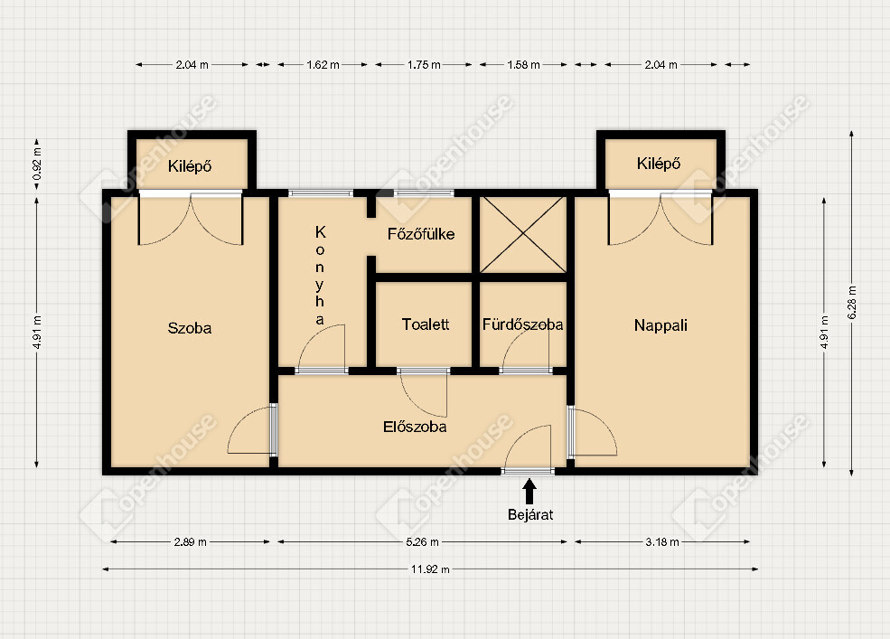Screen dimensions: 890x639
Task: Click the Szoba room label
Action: [190, 328]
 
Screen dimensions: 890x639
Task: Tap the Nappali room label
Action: [660, 325]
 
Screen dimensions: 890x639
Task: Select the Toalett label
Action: [426, 324]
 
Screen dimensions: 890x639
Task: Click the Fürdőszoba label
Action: [523, 324]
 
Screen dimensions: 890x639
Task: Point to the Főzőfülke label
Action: [421, 234]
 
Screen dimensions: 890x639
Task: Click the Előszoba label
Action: [415, 427]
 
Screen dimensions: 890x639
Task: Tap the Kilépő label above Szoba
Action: [190, 166]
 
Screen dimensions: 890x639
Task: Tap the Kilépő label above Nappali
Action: [659, 164]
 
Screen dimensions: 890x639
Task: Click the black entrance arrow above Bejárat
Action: [529, 492]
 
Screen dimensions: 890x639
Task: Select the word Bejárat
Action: [530, 514]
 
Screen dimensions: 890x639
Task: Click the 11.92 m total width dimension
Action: [430, 569]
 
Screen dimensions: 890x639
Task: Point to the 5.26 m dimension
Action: [422, 542]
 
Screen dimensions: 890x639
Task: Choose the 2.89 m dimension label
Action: [190, 542]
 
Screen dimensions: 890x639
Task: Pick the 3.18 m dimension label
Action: [662, 542]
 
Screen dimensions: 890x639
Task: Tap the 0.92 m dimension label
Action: [37, 164]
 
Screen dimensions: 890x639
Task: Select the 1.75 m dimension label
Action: [424, 65]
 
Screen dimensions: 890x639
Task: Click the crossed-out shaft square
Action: [523, 235]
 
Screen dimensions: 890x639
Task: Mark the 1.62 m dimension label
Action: [323, 65]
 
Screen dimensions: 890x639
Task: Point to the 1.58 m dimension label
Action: [523, 65]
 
